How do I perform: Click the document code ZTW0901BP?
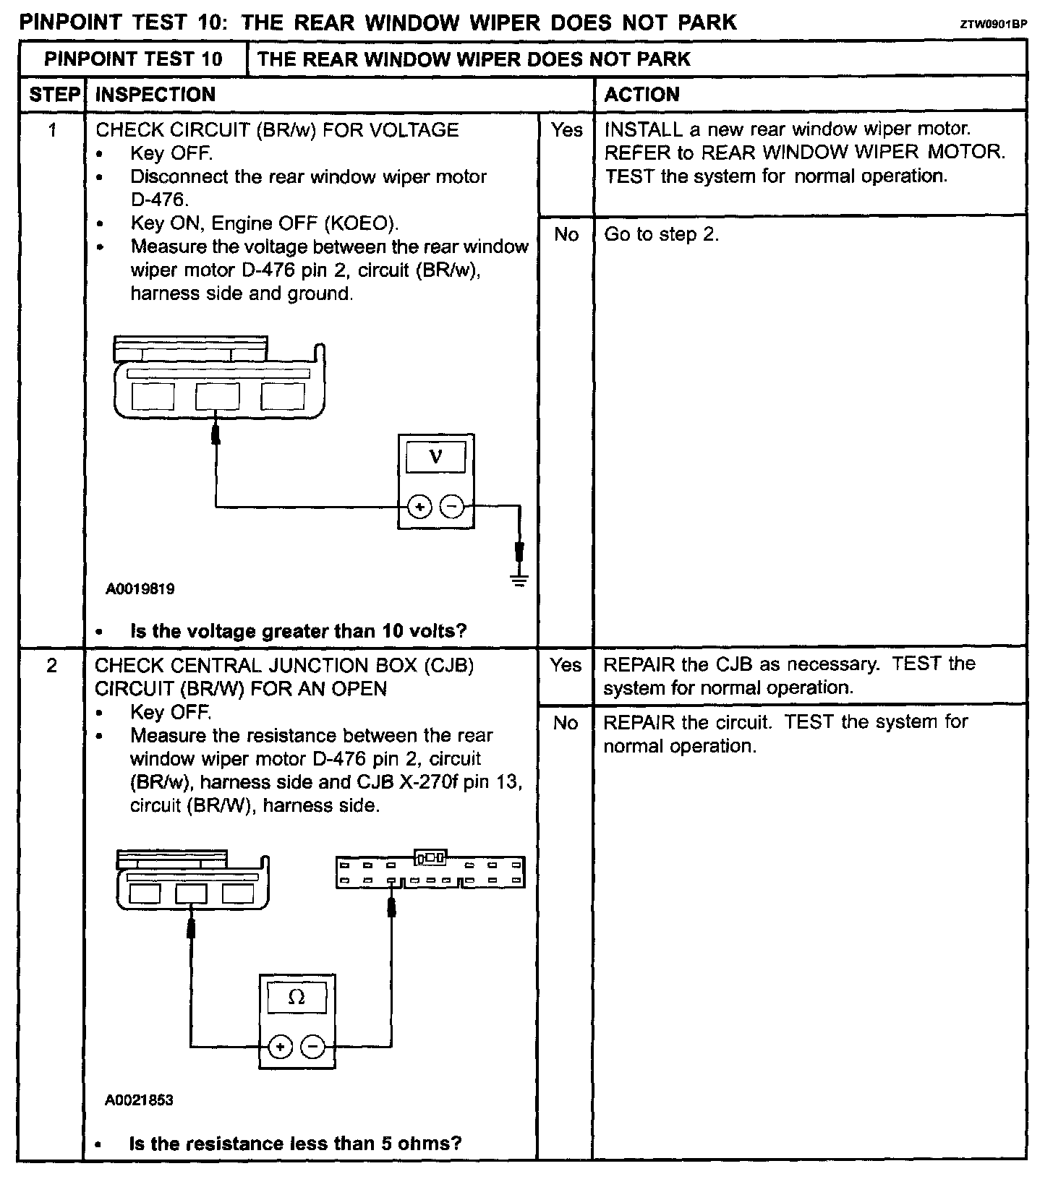click(x=993, y=24)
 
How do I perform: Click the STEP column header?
click(x=54, y=95)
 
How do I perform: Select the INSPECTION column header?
click(x=155, y=95)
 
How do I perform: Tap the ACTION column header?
click(x=642, y=95)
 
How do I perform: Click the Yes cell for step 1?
click(x=566, y=130)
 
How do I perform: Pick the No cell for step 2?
click(x=566, y=723)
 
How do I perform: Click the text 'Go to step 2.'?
click(x=662, y=234)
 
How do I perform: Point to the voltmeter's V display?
click(x=435, y=457)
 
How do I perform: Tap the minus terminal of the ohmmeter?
click(x=313, y=1046)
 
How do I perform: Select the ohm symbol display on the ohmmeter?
click(x=297, y=998)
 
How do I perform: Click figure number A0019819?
click(x=140, y=589)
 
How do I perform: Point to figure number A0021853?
click(x=139, y=1100)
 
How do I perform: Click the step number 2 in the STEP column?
click(x=51, y=665)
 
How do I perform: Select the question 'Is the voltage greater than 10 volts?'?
click(x=298, y=631)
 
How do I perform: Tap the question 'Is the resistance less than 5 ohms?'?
click(x=295, y=1144)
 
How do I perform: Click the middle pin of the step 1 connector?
click(x=218, y=396)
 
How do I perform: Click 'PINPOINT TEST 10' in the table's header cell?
click(x=133, y=59)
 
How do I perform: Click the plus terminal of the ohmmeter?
click(x=281, y=1046)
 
